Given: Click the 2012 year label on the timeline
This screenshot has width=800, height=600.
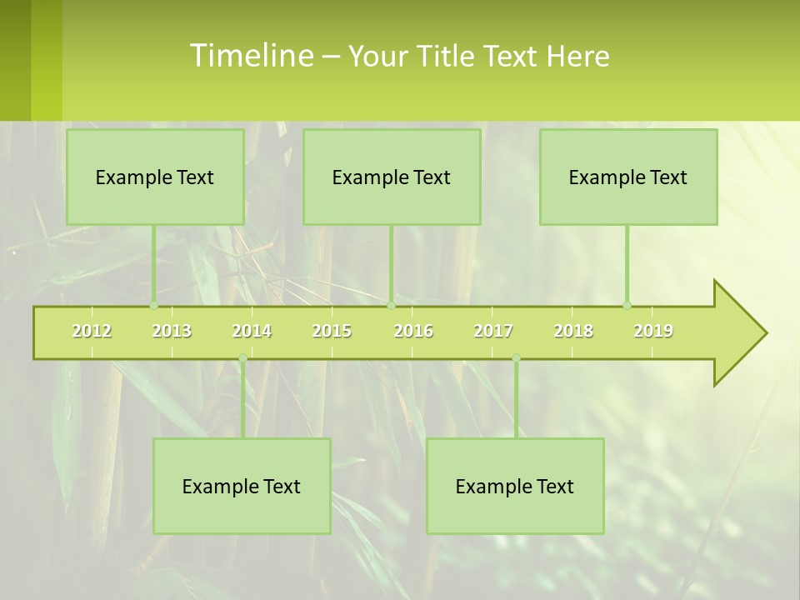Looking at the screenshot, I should [92, 331].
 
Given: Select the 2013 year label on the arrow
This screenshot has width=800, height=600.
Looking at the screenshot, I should [172, 331].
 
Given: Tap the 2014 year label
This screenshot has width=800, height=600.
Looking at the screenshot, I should [252, 331].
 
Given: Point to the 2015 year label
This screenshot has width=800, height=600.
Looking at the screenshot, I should [332, 331].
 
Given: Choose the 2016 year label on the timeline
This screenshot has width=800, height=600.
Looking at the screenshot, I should [413, 331].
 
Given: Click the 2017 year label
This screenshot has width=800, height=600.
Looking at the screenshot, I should [493, 331].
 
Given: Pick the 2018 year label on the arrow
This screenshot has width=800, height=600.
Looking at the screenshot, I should [573, 331].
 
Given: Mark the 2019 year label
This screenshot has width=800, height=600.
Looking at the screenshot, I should [653, 331].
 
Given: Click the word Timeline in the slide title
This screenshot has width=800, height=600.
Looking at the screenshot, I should [250, 56].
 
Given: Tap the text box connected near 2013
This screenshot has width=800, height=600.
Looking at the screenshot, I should [155, 177].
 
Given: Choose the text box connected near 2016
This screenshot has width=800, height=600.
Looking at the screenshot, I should [392, 177].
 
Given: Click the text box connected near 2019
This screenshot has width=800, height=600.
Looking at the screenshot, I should [628, 177].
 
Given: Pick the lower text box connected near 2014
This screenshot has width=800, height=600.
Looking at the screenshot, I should [242, 486].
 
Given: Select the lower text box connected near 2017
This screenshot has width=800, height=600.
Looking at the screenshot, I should [515, 486].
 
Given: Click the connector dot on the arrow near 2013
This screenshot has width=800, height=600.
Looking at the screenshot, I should [154, 305].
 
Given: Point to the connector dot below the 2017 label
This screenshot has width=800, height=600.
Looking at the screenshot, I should [516, 358].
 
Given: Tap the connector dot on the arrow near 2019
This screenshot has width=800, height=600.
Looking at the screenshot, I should [627, 305].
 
